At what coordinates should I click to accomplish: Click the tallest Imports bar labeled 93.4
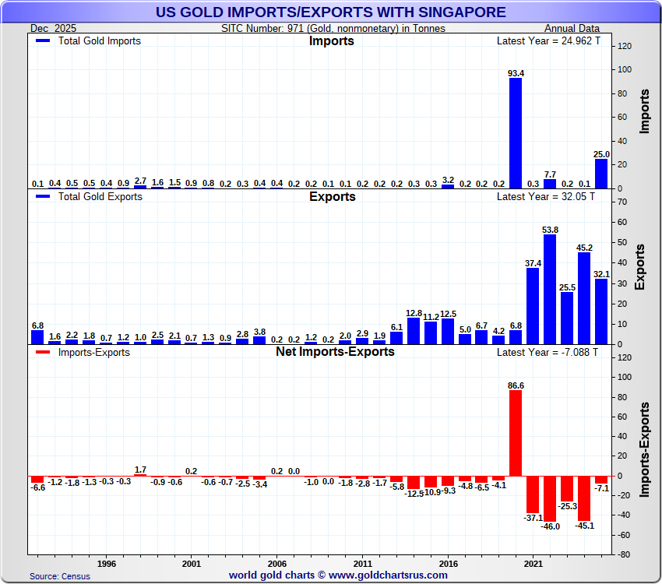[x=516, y=133]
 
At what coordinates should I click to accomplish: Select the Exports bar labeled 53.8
[x=550, y=289]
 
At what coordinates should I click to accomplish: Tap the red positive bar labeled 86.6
[x=516, y=433]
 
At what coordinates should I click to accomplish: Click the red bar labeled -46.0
[x=550, y=498]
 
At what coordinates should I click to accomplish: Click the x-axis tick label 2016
[x=448, y=562]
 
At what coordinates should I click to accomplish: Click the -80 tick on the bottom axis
[x=623, y=555]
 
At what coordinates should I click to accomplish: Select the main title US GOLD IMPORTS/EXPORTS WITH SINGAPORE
[x=331, y=12]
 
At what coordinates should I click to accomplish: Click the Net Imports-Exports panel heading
[x=335, y=352]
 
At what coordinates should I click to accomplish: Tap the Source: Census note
[x=60, y=576]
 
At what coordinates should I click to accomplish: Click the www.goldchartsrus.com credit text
[x=390, y=575]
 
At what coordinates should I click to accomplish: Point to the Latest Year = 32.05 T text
[x=546, y=197]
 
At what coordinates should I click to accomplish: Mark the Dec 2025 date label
[x=50, y=28]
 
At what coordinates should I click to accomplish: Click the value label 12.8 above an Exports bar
[x=414, y=312]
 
